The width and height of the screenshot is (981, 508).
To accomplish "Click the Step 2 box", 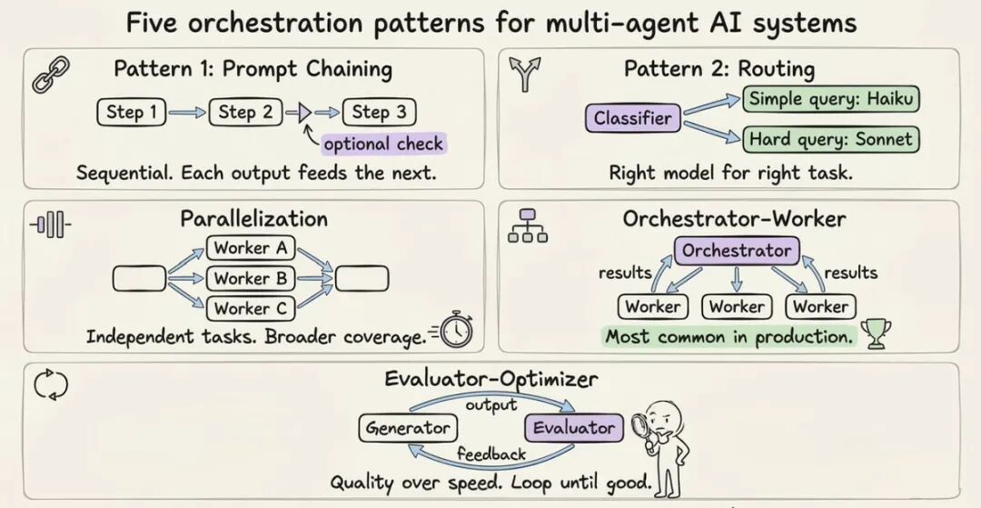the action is pos(246,113).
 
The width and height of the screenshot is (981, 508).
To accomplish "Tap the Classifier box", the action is pos(633,118).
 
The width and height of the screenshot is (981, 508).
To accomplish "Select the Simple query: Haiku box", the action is pos(831,99).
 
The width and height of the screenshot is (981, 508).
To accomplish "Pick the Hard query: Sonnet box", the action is pos(831,139).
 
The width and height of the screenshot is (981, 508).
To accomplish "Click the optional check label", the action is pos(383,144).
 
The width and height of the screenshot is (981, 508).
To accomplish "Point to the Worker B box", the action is pos(251,278).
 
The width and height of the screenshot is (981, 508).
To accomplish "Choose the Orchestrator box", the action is pos(737,252).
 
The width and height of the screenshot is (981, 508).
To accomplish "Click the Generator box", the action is pos(408,429).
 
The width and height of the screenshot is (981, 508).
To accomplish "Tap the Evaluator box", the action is pos(574,429).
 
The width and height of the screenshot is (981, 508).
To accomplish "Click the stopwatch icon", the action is pos(455,330).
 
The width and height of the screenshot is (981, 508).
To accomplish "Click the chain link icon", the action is pos(51,74).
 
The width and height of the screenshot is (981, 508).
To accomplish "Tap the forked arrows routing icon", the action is pos(524,74).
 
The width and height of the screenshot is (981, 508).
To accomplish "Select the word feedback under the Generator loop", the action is pos(491,453).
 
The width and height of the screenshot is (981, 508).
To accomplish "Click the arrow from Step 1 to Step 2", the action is pos(186,113).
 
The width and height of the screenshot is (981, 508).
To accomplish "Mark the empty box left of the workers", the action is pos(140,278).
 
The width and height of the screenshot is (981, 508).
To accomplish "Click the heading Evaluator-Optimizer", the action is pos(491,379).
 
